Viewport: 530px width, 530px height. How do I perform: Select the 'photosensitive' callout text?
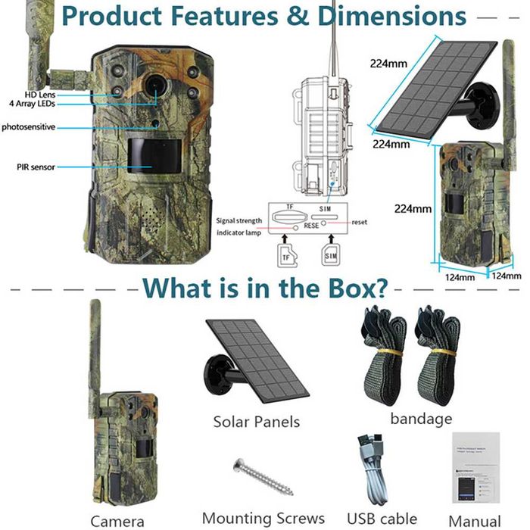(x=28, y=127)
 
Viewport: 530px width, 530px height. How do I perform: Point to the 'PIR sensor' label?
(x=36, y=167)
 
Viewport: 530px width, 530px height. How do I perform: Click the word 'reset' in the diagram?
(x=359, y=222)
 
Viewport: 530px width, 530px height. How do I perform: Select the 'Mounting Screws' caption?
(x=263, y=519)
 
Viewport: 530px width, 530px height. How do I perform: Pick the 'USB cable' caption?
(x=381, y=519)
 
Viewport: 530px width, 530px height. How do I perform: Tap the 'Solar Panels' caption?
(x=256, y=422)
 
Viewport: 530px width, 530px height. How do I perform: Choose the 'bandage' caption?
(x=421, y=418)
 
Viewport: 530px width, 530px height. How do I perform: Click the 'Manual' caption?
(x=475, y=521)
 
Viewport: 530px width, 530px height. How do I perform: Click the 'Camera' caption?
(x=117, y=521)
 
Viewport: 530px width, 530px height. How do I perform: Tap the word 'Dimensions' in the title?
(x=391, y=15)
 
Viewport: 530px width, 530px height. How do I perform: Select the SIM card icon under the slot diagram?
(x=332, y=256)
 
